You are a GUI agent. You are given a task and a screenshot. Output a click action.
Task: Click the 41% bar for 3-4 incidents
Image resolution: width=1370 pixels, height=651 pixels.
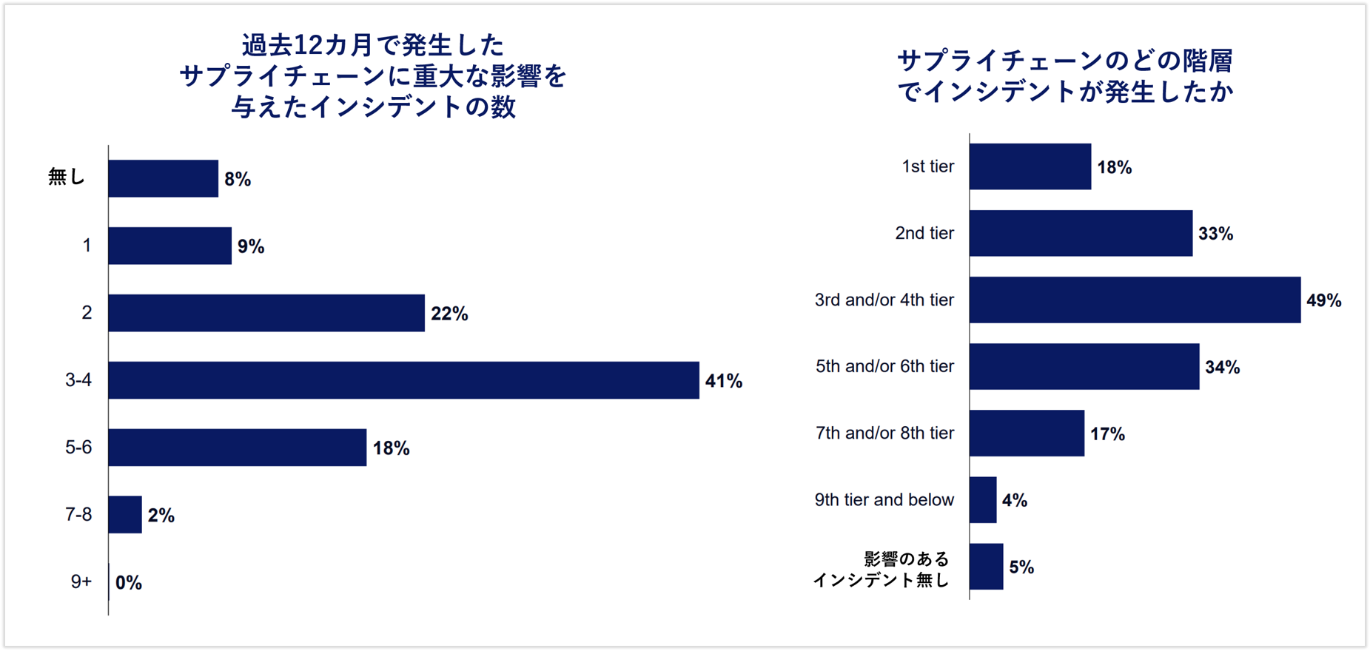pyautogui.click(x=403, y=380)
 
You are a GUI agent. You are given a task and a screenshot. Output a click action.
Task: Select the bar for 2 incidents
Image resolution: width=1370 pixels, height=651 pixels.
pyautogui.click(x=266, y=313)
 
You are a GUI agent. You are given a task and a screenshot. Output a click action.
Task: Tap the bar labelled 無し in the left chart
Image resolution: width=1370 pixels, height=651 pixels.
pyautogui.click(x=163, y=178)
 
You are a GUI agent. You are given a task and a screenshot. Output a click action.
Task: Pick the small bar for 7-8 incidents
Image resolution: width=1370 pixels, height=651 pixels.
pyautogui.click(x=125, y=514)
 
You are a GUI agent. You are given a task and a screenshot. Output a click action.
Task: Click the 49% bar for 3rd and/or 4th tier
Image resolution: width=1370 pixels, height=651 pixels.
pyautogui.click(x=1135, y=300)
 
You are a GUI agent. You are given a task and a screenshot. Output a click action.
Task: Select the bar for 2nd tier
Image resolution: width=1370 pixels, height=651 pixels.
pyautogui.click(x=1081, y=233)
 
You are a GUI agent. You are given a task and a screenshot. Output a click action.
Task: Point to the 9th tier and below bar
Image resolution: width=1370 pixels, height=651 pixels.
pyautogui.click(x=983, y=499)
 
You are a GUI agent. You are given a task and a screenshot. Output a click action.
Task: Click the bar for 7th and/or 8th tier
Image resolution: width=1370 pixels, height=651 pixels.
pyautogui.click(x=1027, y=433)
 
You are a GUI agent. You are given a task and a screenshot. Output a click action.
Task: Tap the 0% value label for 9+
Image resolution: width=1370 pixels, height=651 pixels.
pyautogui.click(x=129, y=583)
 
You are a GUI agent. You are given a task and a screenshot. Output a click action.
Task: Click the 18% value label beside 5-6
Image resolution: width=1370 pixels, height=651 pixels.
pyautogui.click(x=391, y=448)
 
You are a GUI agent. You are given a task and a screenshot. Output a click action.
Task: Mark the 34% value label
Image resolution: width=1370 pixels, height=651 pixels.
pyautogui.click(x=1222, y=367)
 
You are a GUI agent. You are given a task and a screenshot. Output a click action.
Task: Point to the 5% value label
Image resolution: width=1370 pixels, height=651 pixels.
pyautogui.click(x=1021, y=567)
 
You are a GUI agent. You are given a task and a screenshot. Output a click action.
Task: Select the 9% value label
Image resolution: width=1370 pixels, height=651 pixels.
pyautogui.click(x=251, y=246)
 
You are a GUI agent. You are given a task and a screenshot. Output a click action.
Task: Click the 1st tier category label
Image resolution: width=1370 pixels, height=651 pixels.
pyautogui.click(x=927, y=166)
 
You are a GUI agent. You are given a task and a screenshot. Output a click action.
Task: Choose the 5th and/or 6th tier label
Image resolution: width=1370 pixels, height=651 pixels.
pyautogui.click(x=884, y=366)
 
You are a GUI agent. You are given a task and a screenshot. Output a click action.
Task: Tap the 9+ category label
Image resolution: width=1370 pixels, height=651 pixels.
pyautogui.click(x=81, y=582)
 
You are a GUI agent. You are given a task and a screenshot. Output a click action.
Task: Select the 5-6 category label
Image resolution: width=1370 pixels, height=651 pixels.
pyautogui.click(x=78, y=447)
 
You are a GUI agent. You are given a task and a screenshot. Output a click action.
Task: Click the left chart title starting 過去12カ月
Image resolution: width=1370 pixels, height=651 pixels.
pyautogui.click(x=373, y=76)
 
